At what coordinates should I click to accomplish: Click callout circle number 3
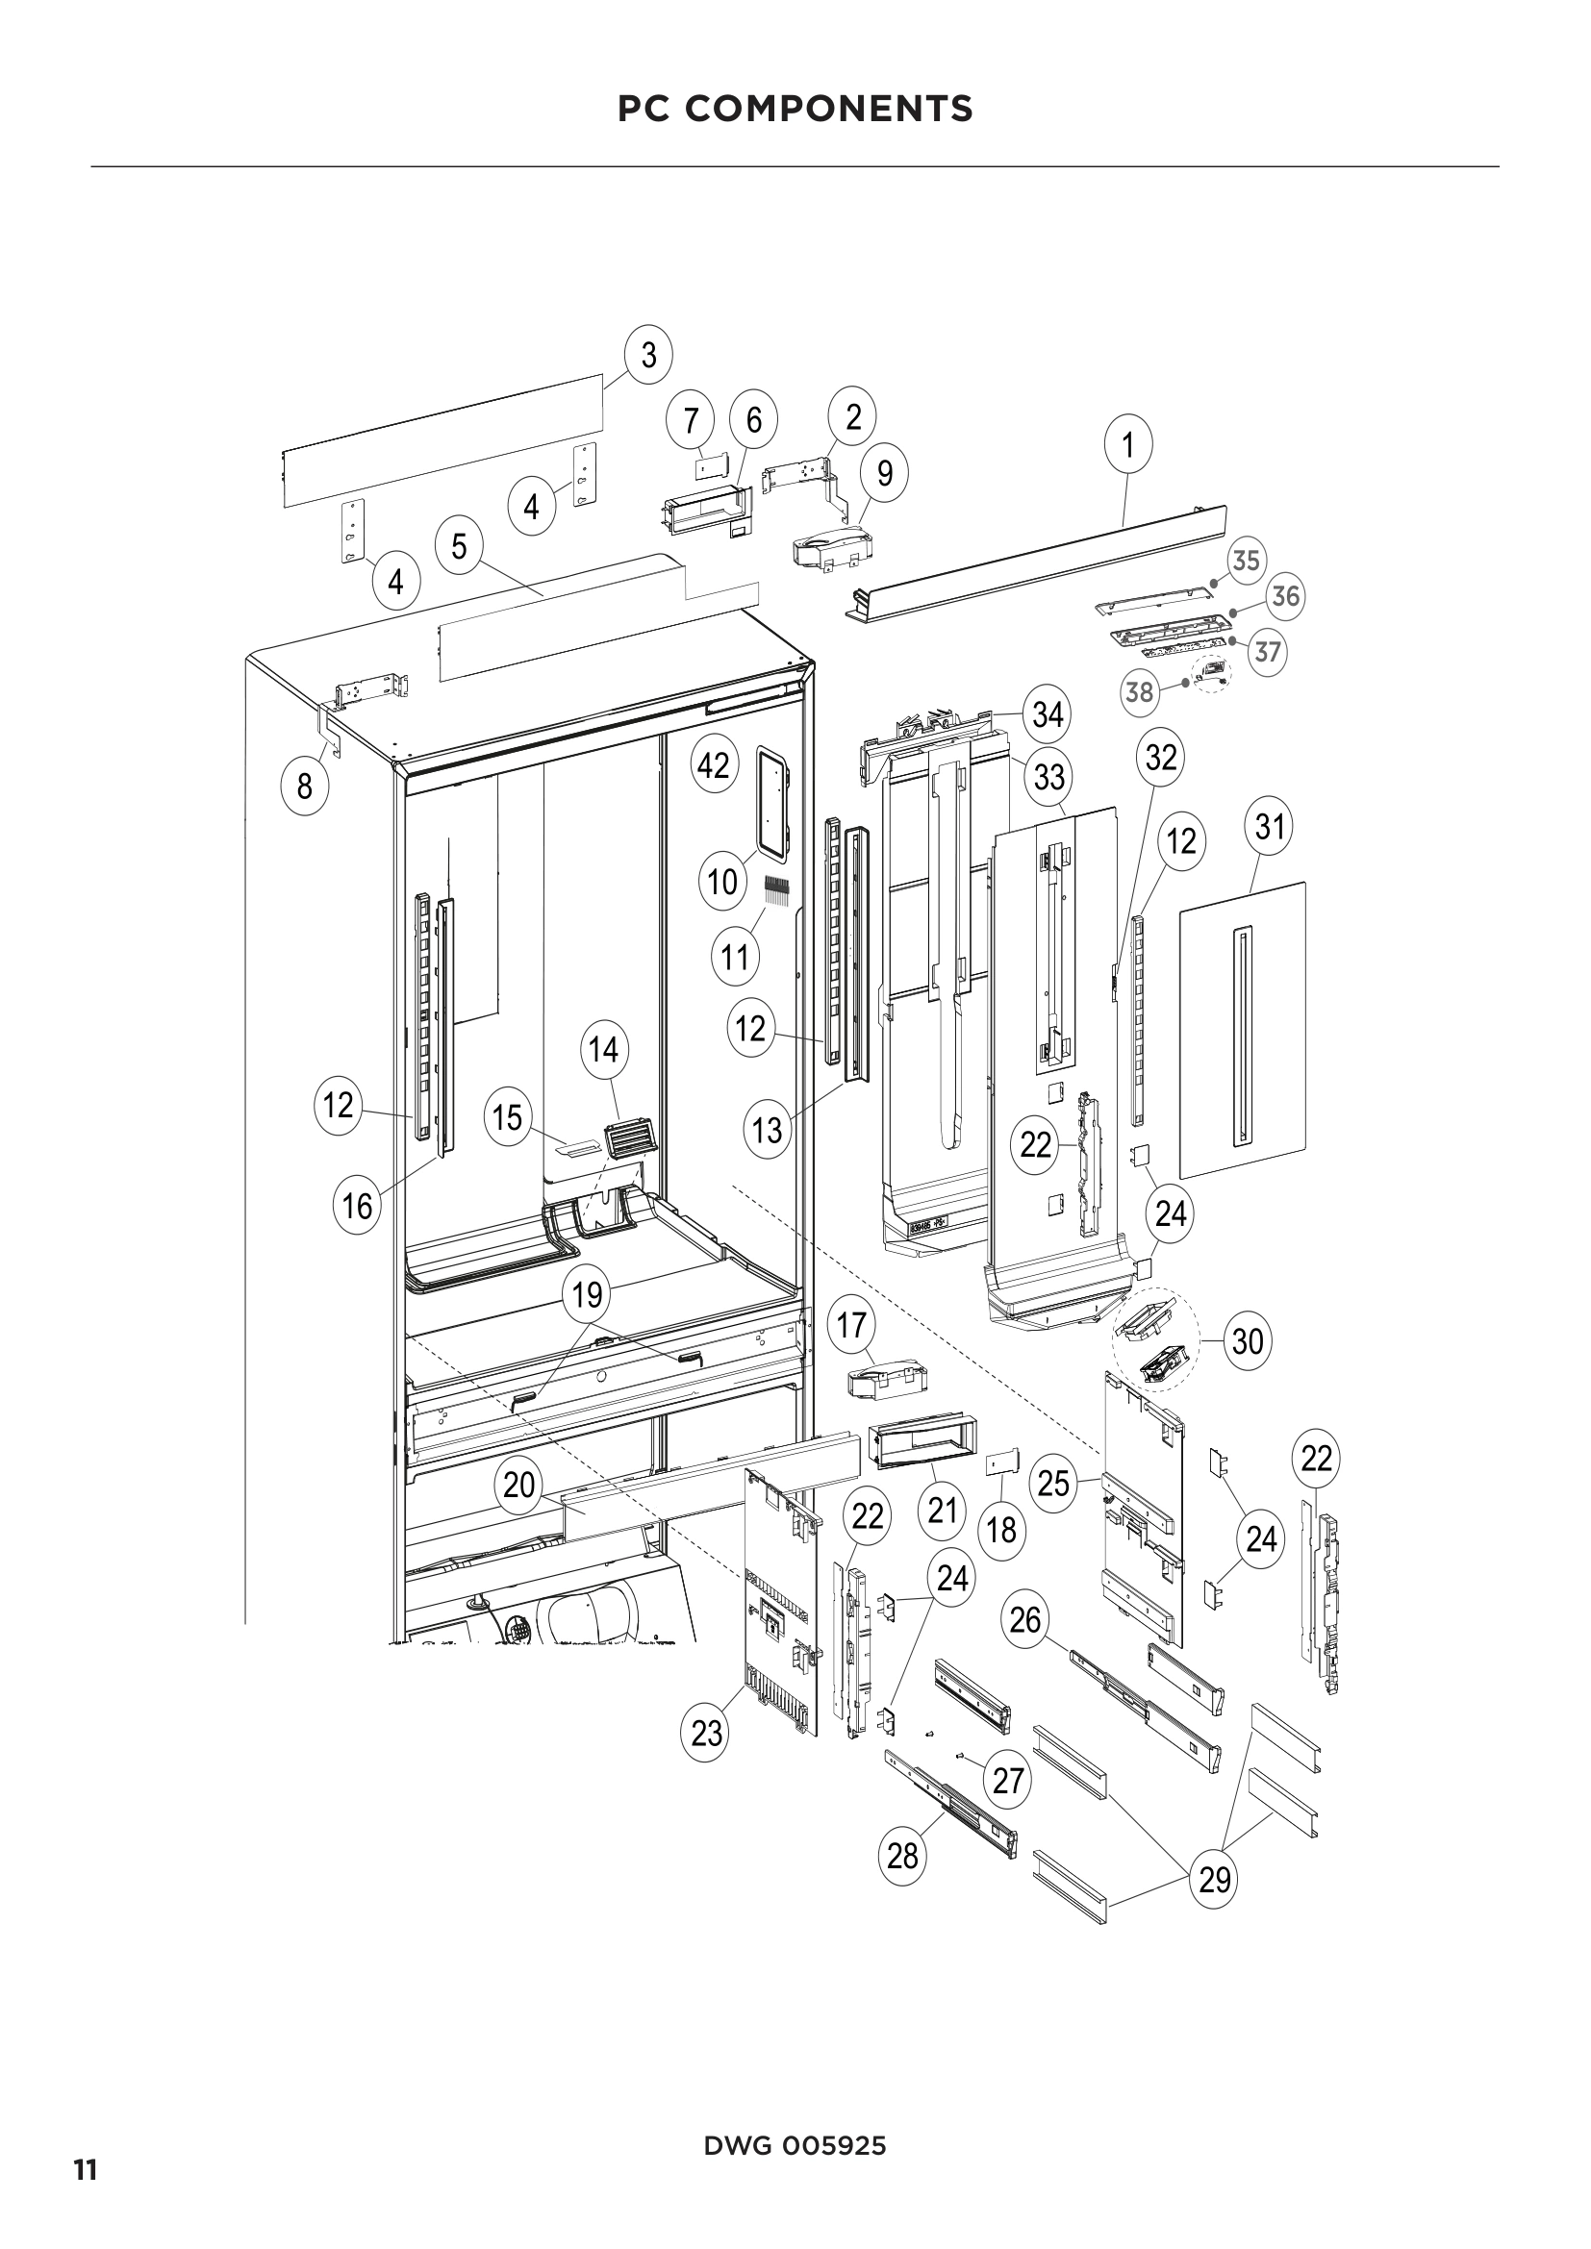click(x=648, y=354)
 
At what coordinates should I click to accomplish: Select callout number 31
click(x=1269, y=827)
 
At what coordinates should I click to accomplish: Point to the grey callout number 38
click(x=1139, y=692)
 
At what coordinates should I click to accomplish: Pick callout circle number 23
click(x=706, y=1733)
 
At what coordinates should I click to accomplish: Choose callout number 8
click(x=305, y=786)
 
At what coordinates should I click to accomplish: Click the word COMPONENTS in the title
click(x=829, y=109)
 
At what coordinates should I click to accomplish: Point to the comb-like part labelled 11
click(x=777, y=889)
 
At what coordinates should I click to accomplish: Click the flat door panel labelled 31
click(x=1242, y=1029)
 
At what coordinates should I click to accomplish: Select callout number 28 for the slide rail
click(x=902, y=1854)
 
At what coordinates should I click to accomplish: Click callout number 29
click(x=1215, y=1879)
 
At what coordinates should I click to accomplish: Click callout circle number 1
click(x=1127, y=445)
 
